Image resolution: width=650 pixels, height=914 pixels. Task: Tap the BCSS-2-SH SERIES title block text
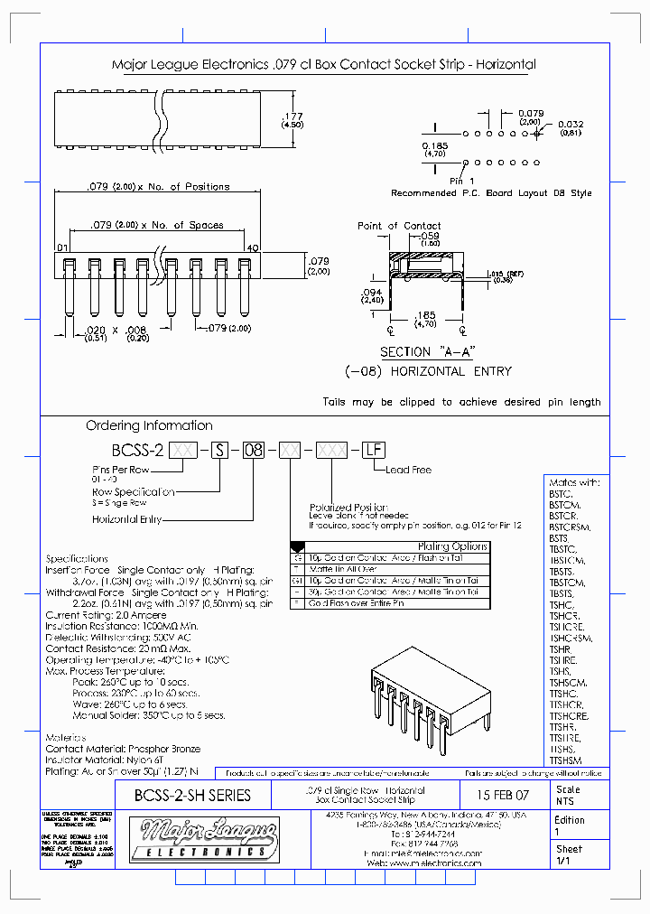click(x=191, y=796)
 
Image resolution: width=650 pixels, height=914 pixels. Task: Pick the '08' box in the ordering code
click(x=255, y=449)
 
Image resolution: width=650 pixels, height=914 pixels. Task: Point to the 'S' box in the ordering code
click(x=218, y=449)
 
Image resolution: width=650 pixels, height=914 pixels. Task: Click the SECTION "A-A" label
click(x=417, y=352)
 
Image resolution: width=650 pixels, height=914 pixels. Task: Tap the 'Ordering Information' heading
click(x=149, y=425)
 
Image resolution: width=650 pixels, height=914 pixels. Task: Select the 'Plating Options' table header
click(x=452, y=546)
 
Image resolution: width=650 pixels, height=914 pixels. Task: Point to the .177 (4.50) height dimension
click(x=292, y=120)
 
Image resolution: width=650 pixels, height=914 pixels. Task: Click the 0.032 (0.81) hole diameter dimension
click(x=571, y=128)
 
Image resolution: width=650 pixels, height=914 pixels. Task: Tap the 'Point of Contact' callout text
click(x=399, y=226)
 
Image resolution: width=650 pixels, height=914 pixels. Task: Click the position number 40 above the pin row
click(x=253, y=247)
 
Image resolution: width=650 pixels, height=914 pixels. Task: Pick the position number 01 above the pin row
click(x=62, y=247)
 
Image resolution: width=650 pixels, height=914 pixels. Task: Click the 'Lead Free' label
click(x=408, y=470)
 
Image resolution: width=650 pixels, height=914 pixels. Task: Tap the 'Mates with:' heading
click(x=574, y=483)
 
